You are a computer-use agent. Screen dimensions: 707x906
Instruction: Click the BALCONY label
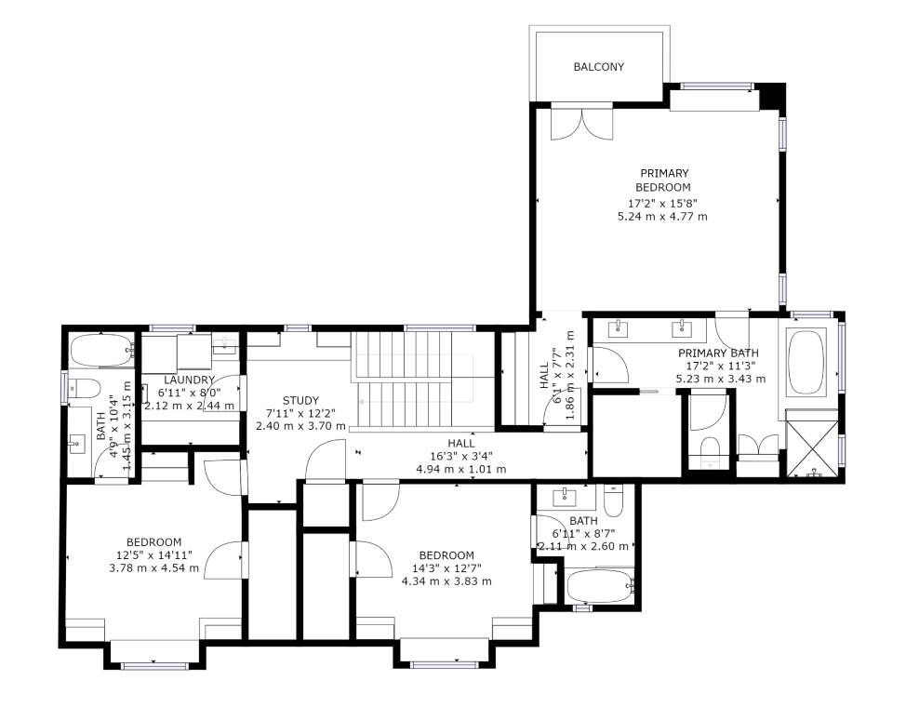pyautogui.click(x=598, y=67)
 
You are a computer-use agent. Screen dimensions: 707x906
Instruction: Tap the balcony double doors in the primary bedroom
pyautogui.click(x=581, y=123)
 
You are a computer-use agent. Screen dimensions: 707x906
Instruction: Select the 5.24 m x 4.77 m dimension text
pyautogui.click(x=662, y=217)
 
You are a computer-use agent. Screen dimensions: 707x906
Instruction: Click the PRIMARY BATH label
pyautogui.click(x=717, y=353)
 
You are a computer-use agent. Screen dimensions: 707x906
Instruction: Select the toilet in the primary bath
pyautogui.click(x=709, y=447)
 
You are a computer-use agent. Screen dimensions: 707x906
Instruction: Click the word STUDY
pyautogui.click(x=300, y=400)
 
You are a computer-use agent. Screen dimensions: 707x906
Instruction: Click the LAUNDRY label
pyautogui.click(x=190, y=380)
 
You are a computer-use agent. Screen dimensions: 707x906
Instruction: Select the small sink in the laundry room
pyautogui.click(x=224, y=345)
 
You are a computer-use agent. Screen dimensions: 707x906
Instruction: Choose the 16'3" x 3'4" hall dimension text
pyautogui.click(x=460, y=456)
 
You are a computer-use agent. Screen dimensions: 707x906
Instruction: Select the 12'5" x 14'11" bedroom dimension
pyautogui.click(x=153, y=555)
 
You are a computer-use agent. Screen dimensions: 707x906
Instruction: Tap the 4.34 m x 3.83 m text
pyautogui.click(x=446, y=581)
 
